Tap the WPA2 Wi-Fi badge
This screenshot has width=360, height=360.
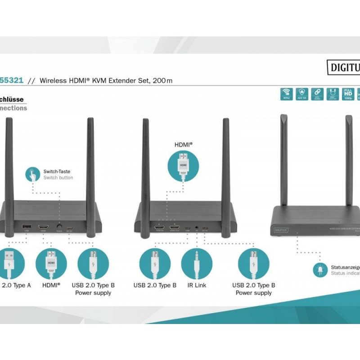[x=286, y=94]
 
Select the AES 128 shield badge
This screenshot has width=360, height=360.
[x=302, y=94]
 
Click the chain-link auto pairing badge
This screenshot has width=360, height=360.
[x=318, y=94]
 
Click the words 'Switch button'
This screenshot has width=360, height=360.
[x=58, y=178]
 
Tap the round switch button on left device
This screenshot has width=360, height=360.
[x=59, y=227]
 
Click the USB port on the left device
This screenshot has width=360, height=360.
[x=26, y=227]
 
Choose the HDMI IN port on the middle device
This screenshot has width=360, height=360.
[x=159, y=227]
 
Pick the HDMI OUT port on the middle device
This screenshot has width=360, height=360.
[x=175, y=227]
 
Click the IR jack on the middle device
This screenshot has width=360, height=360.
[x=197, y=228]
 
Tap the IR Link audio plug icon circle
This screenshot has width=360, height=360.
[x=197, y=264]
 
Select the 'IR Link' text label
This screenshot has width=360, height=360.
[x=197, y=285]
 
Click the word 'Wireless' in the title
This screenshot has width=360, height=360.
[x=54, y=81]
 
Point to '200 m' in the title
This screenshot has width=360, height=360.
[x=162, y=81]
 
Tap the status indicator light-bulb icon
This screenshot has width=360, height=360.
[x=320, y=270]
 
